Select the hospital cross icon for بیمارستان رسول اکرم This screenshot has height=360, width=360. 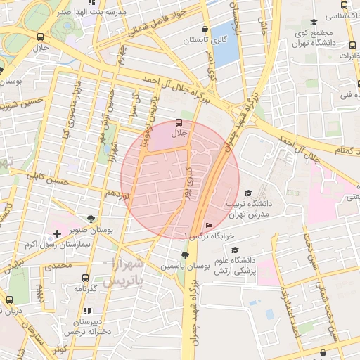57,233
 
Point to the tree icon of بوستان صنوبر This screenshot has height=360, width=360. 91,219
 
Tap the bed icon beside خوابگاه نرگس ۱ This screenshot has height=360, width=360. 209,225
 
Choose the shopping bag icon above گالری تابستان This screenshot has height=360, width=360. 205,30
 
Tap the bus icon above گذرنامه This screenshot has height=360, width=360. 86,278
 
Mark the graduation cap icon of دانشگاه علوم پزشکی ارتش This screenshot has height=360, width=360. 235,250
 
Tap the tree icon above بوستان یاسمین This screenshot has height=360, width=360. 185,256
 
